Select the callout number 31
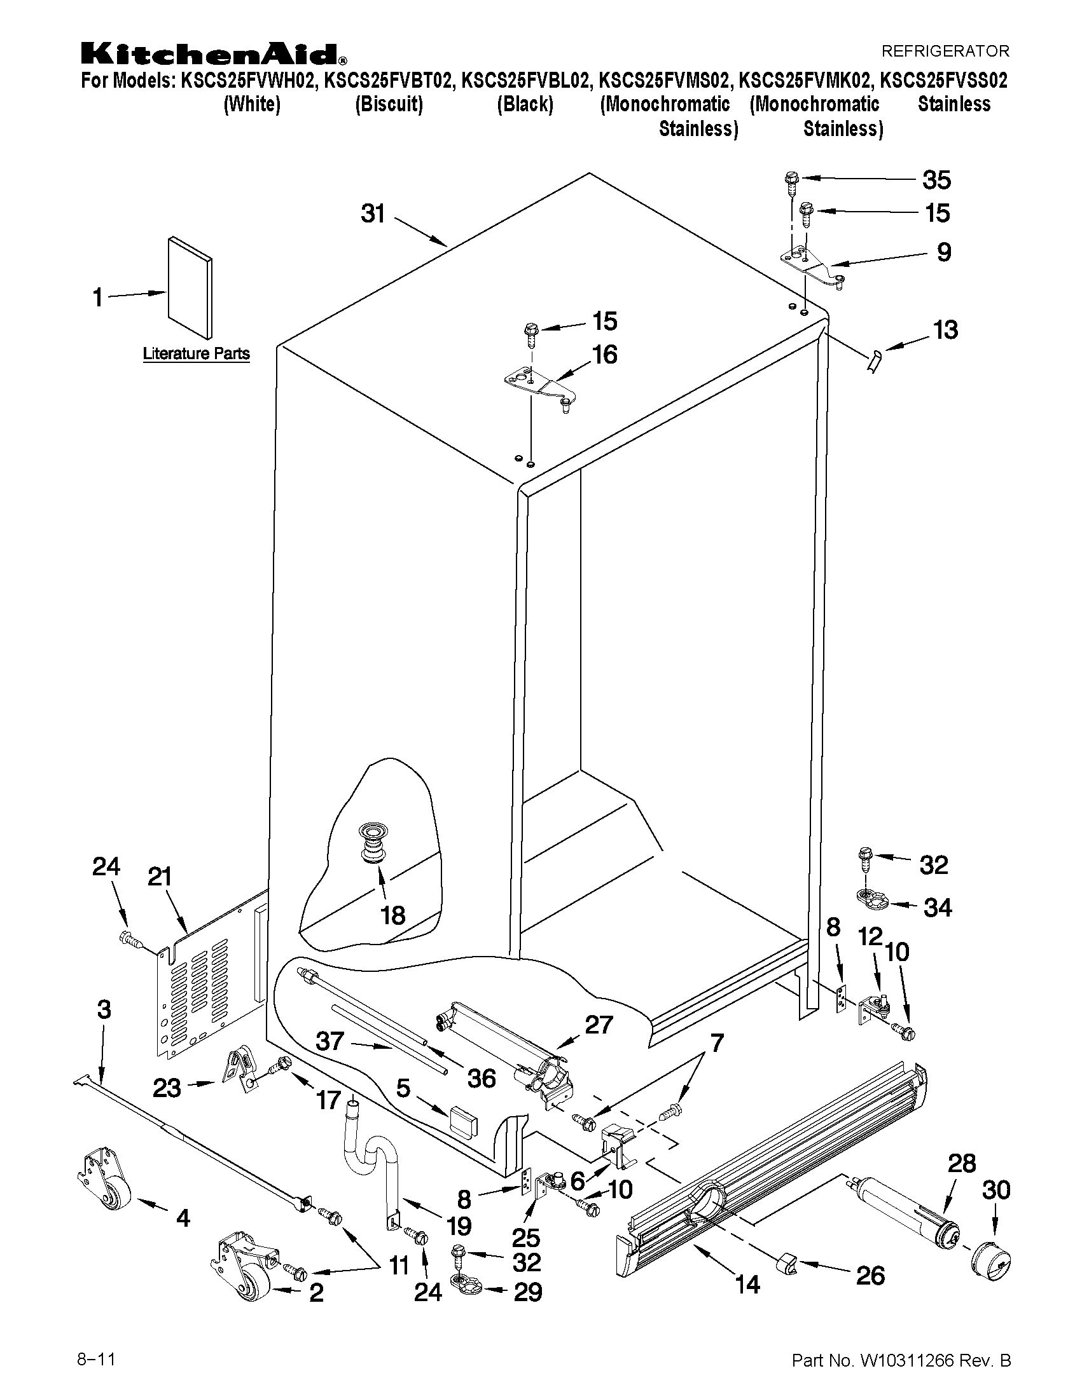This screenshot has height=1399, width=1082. pyautogui.click(x=373, y=214)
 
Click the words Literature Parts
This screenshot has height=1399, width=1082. pyautogui.click(x=196, y=353)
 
